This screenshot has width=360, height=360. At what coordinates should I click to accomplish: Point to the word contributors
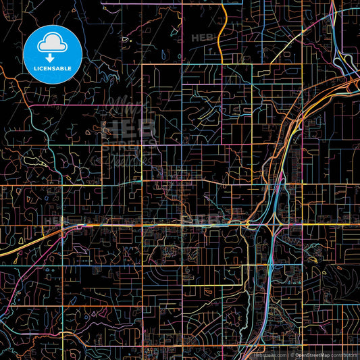click(x=344, y=354)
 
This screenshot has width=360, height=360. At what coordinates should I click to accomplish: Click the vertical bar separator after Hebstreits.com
click(x=288, y=354)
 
